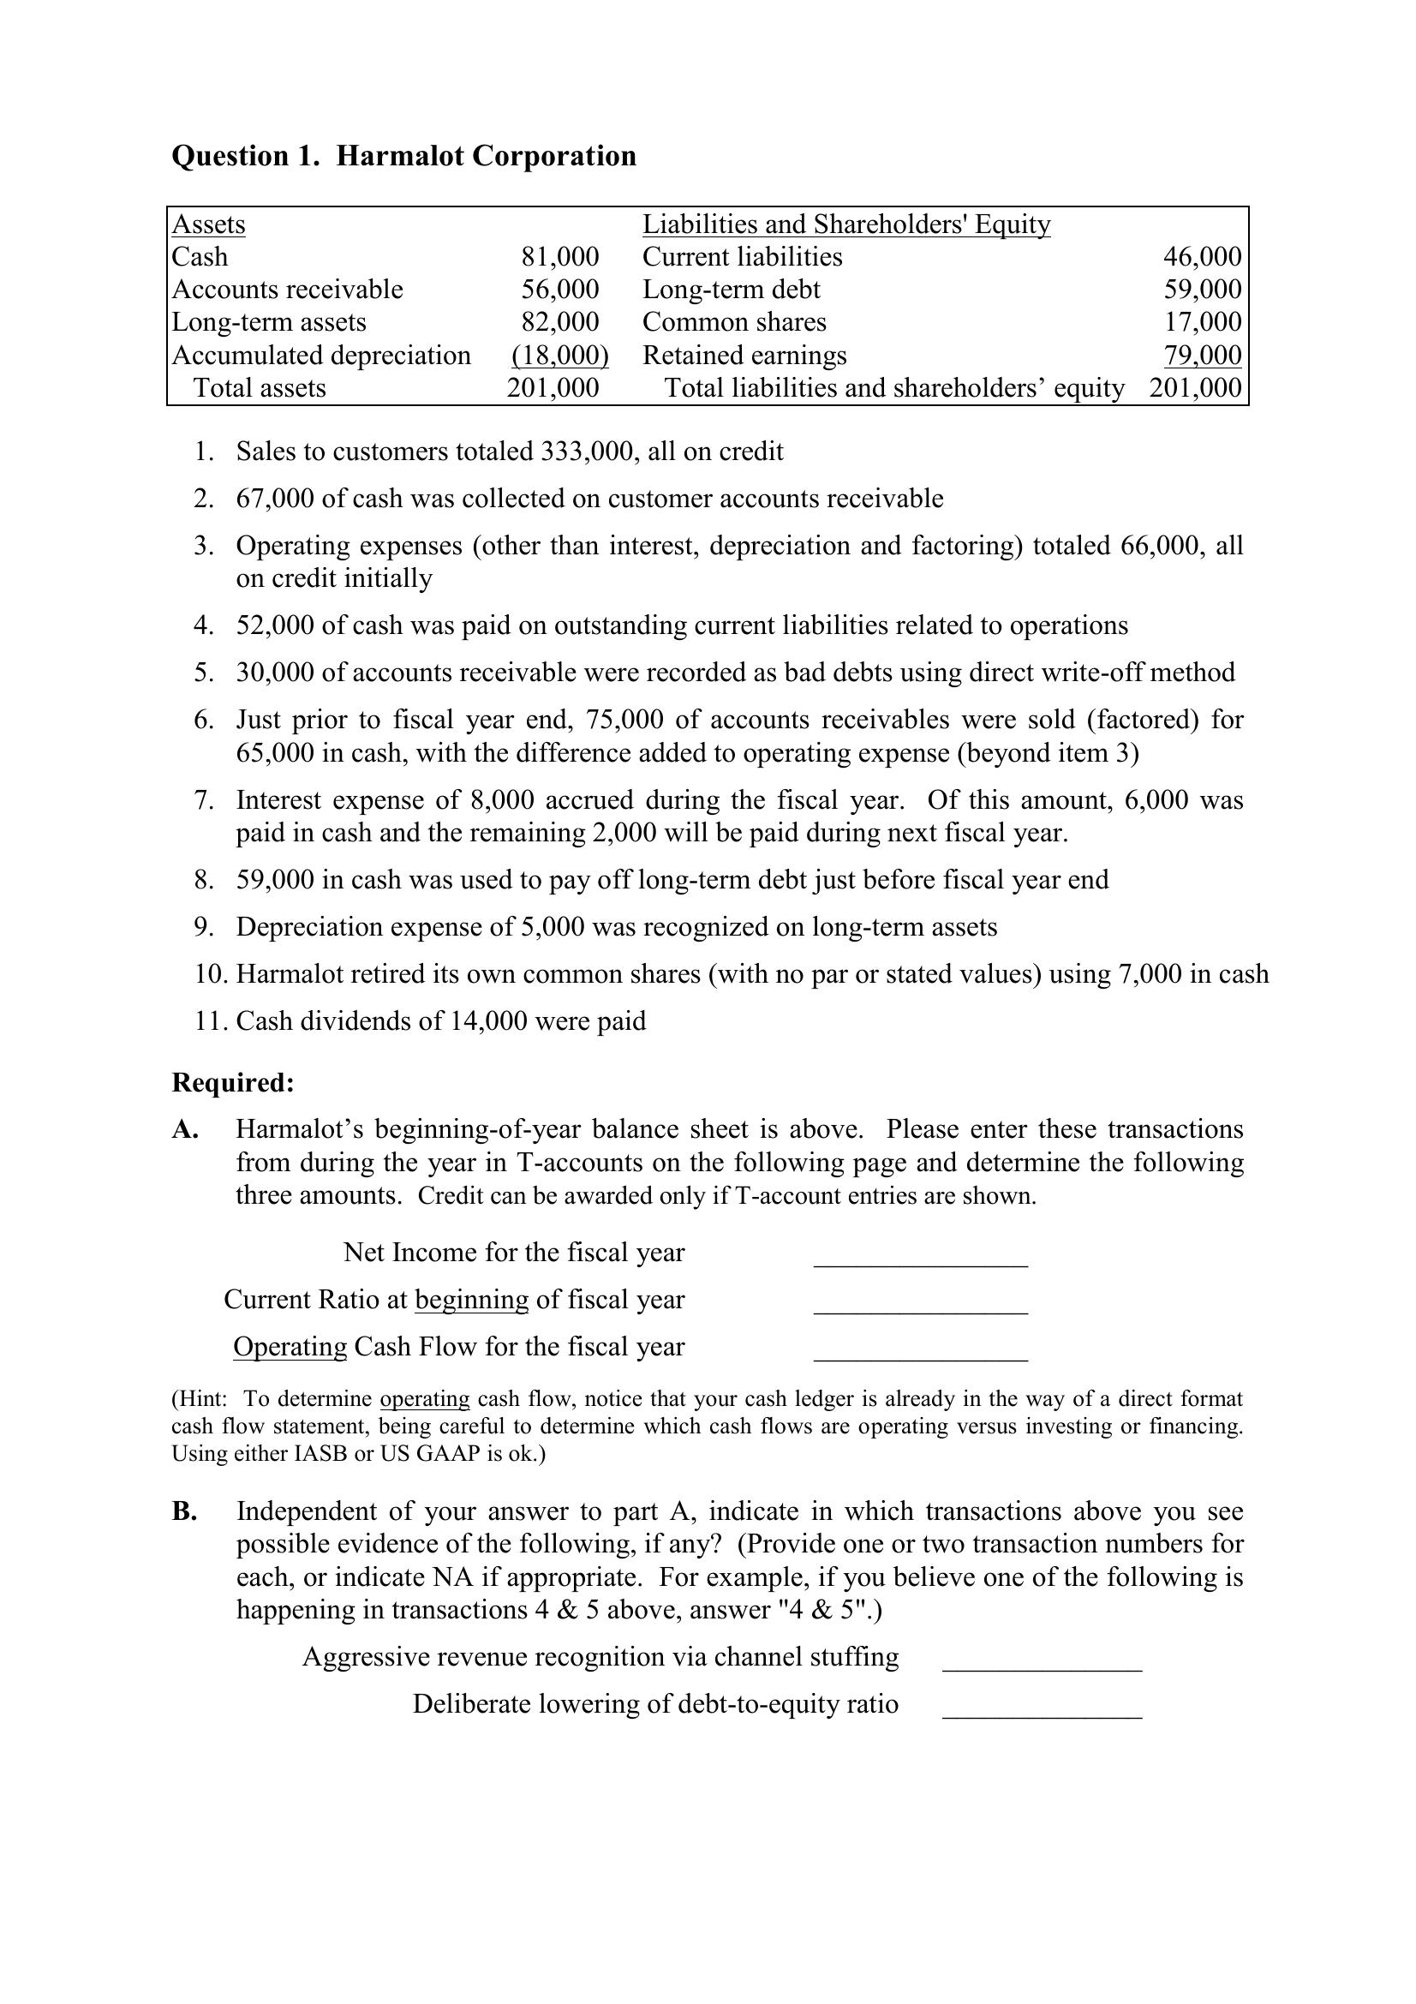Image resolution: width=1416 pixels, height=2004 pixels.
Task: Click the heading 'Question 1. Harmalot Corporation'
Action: tap(403, 156)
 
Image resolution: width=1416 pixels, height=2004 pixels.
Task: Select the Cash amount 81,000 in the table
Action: tap(559, 257)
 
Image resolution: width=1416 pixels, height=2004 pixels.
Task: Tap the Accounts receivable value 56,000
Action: tap(559, 290)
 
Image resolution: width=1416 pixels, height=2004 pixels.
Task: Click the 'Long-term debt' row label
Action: tap(730, 290)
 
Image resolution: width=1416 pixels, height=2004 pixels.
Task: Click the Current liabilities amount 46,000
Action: tap(1201, 257)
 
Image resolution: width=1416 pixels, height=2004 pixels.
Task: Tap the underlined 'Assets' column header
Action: tap(208, 224)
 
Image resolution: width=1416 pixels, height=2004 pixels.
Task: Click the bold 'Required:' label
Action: tap(233, 1083)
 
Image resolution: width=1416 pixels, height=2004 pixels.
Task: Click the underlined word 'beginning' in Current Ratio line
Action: tap(471, 1300)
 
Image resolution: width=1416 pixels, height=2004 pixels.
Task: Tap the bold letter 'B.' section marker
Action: tap(184, 1511)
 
